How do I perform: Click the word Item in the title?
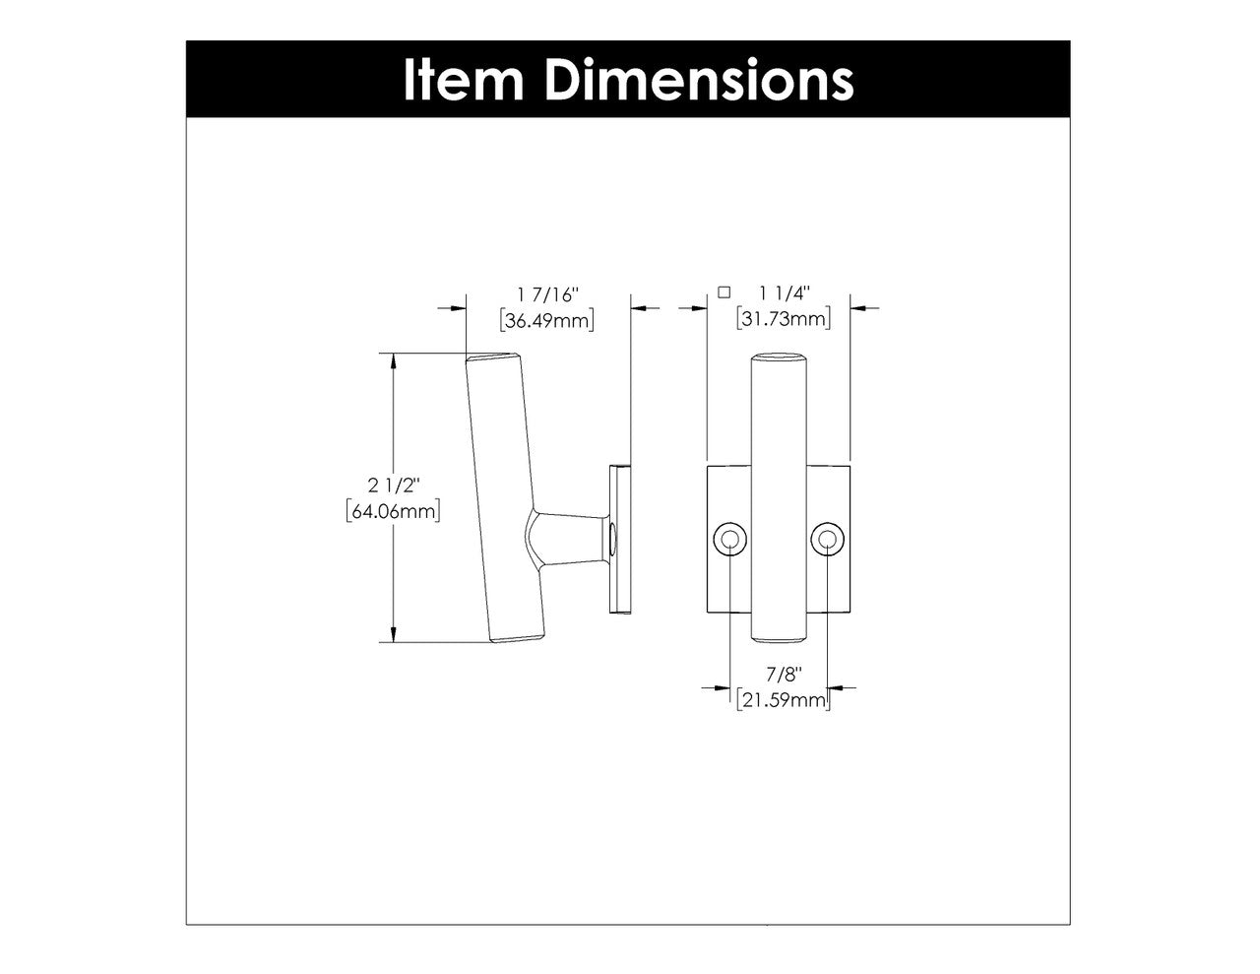463,79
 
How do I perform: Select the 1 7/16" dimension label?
548,294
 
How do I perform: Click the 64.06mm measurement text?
393,511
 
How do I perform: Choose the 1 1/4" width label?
785,293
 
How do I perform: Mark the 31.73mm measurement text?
784,319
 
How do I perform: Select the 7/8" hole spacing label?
785,675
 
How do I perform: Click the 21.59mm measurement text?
784,700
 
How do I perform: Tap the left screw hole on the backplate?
729,539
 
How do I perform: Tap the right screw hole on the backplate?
828,539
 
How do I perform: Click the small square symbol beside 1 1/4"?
724,292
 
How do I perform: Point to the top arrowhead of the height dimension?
394,361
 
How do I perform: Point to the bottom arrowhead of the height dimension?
394,633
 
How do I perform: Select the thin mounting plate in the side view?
621,539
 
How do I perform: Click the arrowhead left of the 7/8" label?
721,687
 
